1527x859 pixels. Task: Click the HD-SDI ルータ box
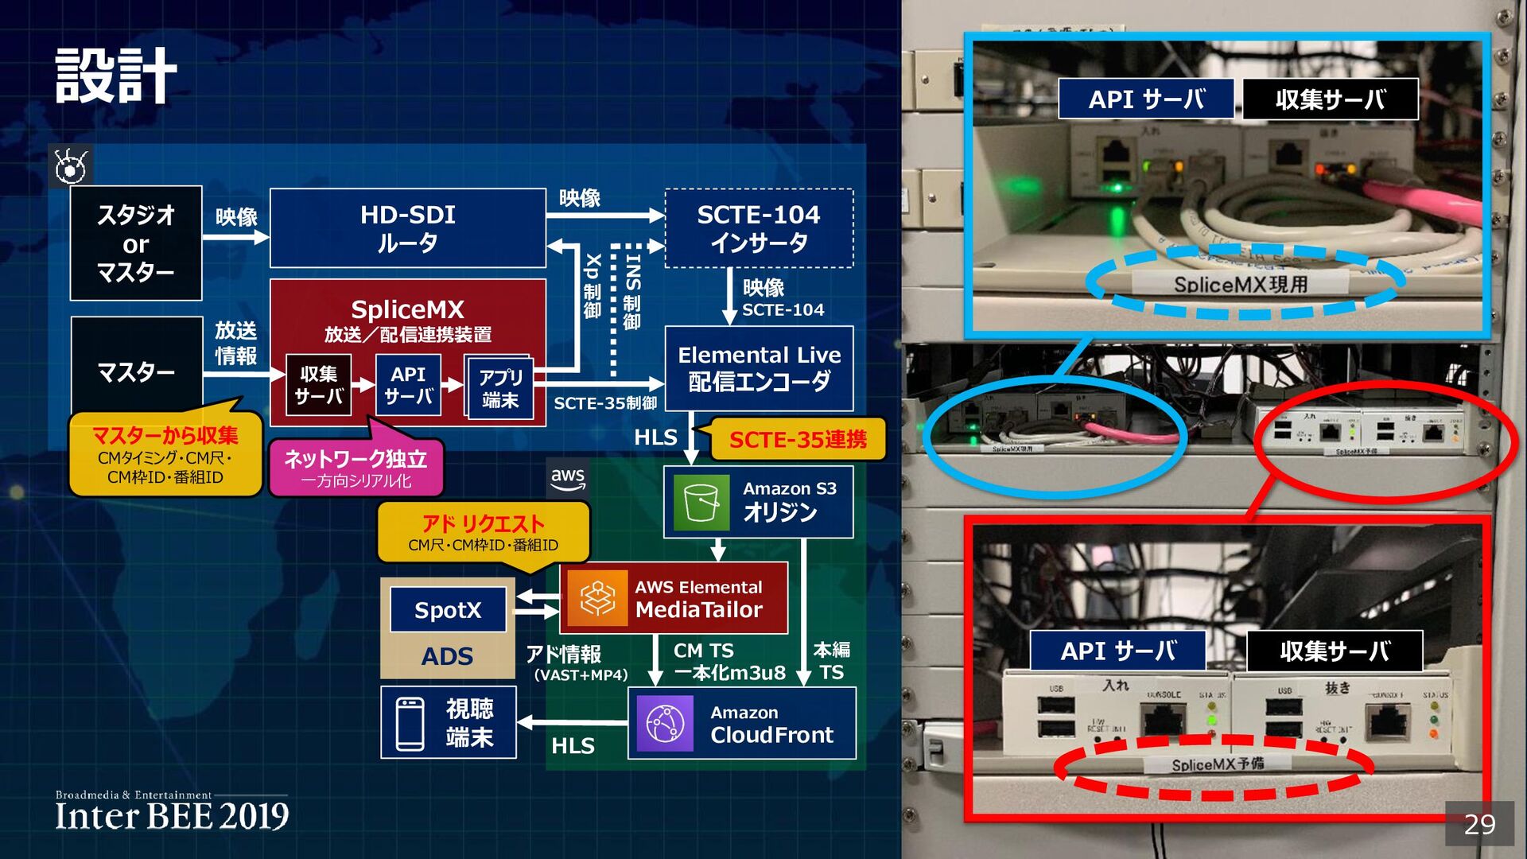407,228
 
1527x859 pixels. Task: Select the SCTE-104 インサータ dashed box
759,228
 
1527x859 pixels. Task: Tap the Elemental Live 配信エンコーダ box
759,368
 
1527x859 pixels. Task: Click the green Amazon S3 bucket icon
701,502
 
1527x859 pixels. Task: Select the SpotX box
448,610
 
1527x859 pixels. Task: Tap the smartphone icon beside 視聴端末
410,724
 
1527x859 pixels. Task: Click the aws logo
568,478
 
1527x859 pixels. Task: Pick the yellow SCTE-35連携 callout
798,440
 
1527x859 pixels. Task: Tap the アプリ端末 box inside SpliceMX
499,387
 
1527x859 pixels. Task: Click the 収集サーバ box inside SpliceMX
319,385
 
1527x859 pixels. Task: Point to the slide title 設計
116,76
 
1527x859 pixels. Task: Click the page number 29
1479,824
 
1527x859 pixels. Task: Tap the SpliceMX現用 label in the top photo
1241,284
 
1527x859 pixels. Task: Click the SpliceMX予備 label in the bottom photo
1217,764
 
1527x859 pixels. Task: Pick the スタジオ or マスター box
136,243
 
